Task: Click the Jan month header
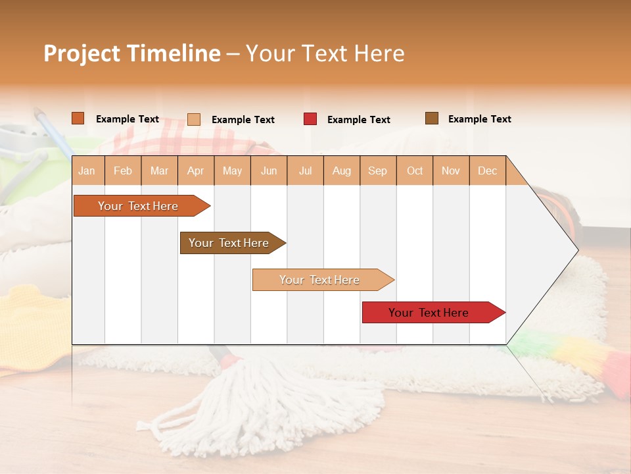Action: pyautogui.click(x=87, y=171)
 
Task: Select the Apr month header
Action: pyautogui.click(x=195, y=171)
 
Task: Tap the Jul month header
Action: pyautogui.click(x=305, y=171)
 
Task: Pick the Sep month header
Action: pyautogui.click(x=377, y=171)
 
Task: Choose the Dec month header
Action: pyautogui.click(x=487, y=171)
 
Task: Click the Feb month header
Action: pyautogui.click(x=123, y=171)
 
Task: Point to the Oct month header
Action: pyautogui.click(x=415, y=171)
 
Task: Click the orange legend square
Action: pyautogui.click(x=78, y=118)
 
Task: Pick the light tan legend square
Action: pyautogui.click(x=194, y=119)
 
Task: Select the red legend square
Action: pyautogui.click(x=310, y=119)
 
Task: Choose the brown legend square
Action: pyautogui.click(x=432, y=118)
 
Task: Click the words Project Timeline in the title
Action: pyautogui.click(x=132, y=53)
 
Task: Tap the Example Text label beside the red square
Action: pyautogui.click(x=358, y=120)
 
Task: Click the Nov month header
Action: pyautogui.click(x=451, y=171)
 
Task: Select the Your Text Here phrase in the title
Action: pyautogui.click(x=325, y=53)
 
